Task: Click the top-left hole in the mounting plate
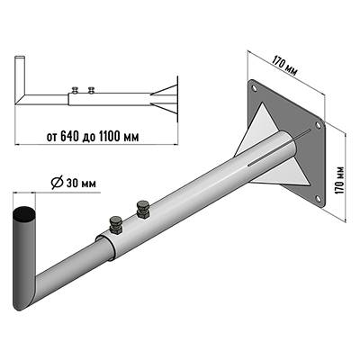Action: tap(255, 88)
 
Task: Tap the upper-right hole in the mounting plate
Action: tap(318, 125)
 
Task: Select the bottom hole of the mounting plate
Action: tap(319, 199)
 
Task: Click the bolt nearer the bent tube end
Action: tap(115, 224)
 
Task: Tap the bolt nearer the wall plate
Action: tap(142, 210)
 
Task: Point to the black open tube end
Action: tap(24, 214)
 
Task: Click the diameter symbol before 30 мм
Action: tap(57, 184)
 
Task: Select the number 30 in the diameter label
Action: tap(72, 184)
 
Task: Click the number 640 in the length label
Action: tap(67, 137)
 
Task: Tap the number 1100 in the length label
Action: tap(107, 137)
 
